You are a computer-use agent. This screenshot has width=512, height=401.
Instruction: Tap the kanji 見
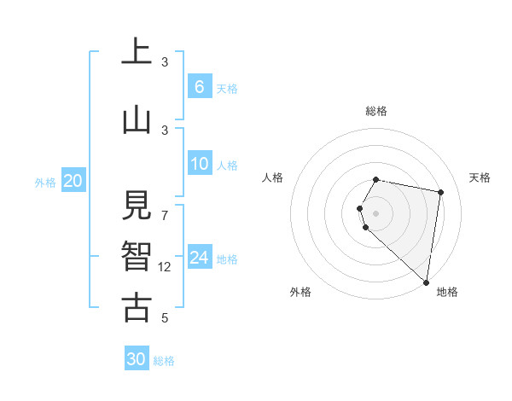pos(136,206)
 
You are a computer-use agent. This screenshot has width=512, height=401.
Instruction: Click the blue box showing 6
pos(199,87)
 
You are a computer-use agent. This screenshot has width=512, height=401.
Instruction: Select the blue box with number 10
pos(199,164)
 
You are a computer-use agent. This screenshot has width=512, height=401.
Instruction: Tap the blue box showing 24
pos(199,258)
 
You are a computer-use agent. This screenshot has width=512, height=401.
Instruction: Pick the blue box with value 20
pos(73,181)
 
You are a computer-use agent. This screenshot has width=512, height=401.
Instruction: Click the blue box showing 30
pos(137,359)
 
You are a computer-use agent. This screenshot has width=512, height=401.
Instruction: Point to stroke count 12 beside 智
pos(165,267)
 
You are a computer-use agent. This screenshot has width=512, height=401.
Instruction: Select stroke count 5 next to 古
pos(165,318)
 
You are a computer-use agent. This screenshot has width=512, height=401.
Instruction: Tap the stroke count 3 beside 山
pos(165,130)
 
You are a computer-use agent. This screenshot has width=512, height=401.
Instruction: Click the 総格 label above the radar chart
pos(376,111)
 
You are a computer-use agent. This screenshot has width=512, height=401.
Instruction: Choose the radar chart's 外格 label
pos(300,292)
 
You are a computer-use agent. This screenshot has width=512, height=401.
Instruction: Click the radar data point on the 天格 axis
pos(441,192)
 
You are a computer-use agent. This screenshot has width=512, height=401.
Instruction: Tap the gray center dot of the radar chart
pos(376,212)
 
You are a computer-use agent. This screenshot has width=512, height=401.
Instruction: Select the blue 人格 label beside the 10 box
pos(227,165)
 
